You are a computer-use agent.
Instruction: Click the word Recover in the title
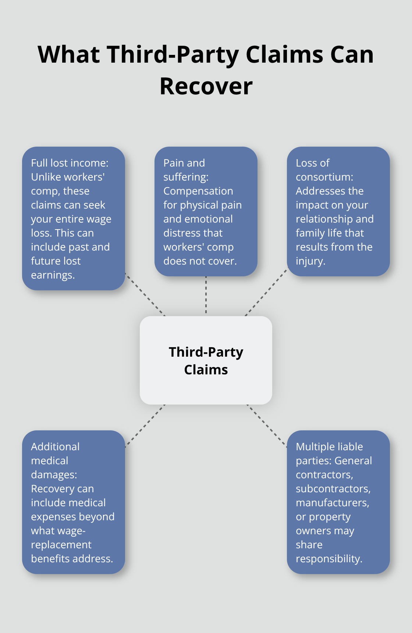(x=206, y=86)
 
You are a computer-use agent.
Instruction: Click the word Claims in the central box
(x=206, y=370)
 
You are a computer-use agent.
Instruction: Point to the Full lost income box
(x=74, y=218)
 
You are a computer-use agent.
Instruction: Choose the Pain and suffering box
(x=206, y=211)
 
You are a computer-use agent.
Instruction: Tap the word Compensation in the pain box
(x=198, y=191)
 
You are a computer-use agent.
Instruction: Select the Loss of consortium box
(x=338, y=211)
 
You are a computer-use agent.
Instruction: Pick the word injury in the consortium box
(x=310, y=261)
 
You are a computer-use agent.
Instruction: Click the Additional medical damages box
(x=74, y=502)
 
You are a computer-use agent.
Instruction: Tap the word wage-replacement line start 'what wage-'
(x=58, y=531)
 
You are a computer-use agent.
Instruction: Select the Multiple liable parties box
(x=338, y=502)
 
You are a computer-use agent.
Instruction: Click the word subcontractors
(x=333, y=489)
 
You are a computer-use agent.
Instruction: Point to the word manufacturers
(x=332, y=503)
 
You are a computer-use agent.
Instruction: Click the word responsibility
(x=328, y=559)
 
